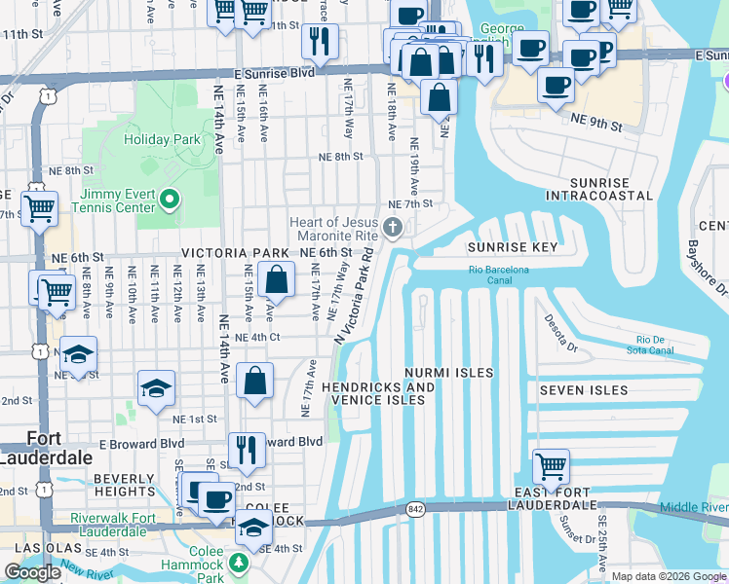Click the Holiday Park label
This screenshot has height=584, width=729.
pos(161,139)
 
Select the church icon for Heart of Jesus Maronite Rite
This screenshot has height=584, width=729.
pos(393,229)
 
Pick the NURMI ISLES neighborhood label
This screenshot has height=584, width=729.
pos(449,373)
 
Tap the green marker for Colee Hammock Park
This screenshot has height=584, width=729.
pos(239,563)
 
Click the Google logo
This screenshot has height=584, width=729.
pos(32,572)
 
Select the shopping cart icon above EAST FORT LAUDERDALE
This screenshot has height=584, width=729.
pos(551,466)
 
